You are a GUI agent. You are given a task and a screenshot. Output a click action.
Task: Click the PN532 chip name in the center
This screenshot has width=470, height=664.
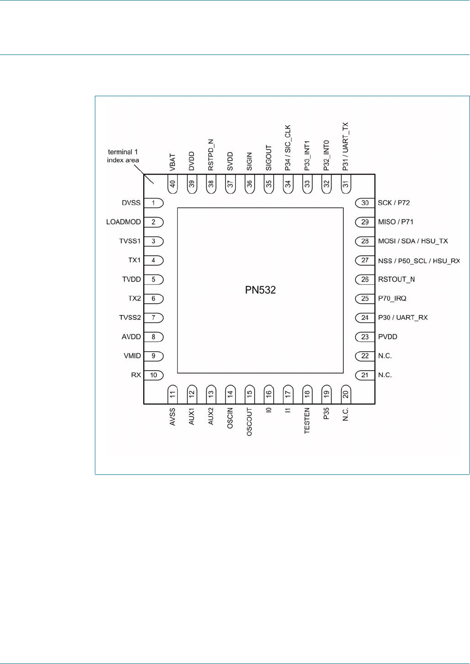(x=260, y=290)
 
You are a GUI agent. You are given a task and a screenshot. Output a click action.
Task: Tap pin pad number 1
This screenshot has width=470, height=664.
(x=154, y=203)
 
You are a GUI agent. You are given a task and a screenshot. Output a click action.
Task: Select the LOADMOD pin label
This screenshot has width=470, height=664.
(x=123, y=222)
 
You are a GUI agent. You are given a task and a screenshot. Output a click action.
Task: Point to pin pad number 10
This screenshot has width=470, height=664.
(x=154, y=375)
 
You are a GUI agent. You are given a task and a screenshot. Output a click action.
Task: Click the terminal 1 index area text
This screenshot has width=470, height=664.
(x=123, y=156)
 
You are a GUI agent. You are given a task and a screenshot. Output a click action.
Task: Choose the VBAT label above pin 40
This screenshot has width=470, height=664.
(x=173, y=162)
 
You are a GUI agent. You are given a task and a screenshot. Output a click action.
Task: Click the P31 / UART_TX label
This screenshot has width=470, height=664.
(x=346, y=146)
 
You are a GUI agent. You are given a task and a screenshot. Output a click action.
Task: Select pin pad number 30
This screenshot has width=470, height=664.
(x=365, y=203)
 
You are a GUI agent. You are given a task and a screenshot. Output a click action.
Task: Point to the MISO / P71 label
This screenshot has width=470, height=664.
(x=396, y=222)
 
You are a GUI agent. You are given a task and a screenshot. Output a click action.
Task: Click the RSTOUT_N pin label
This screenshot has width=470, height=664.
(x=396, y=279)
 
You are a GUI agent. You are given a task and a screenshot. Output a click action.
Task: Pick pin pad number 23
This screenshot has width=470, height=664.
(x=365, y=337)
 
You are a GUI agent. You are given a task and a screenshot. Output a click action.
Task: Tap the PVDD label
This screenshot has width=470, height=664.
(x=387, y=337)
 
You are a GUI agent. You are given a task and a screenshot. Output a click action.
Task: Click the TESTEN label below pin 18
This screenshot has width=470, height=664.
(x=307, y=420)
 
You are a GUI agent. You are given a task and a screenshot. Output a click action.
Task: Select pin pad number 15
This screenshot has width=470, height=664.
(x=249, y=393)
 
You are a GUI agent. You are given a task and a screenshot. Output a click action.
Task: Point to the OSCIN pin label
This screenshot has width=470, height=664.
(x=230, y=418)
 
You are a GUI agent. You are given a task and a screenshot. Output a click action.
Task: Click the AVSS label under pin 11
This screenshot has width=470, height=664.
(x=173, y=417)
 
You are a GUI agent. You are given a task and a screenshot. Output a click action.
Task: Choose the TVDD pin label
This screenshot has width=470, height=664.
(x=131, y=279)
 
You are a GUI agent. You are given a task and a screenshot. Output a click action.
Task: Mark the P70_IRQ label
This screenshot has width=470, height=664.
(x=392, y=299)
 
